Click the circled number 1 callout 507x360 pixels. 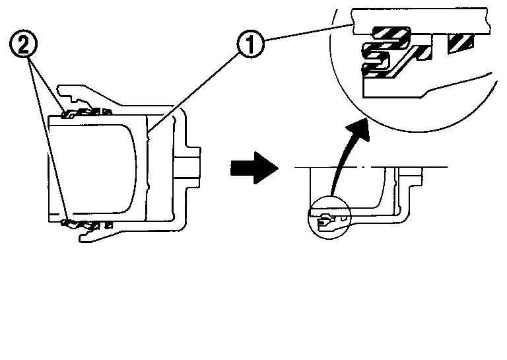[x=251, y=44]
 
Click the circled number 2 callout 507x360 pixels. [x=23, y=44]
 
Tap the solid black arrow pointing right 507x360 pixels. [x=254, y=168]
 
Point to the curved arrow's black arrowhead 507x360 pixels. [x=359, y=129]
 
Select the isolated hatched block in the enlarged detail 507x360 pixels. [x=460, y=43]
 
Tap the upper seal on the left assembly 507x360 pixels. [x=87, y=113]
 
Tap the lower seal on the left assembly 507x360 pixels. [x=87, y=224]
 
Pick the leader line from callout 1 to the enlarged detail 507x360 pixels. [x=308, y=32]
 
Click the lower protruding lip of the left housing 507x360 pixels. [x=97, y=236]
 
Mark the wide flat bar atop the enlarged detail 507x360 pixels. [x=421, y=21]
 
